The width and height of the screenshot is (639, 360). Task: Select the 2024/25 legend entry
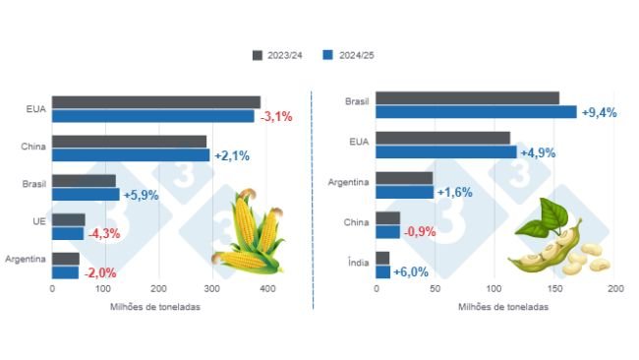click(x=350, y=55)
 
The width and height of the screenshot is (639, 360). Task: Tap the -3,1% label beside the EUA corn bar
click(x=276, y=116)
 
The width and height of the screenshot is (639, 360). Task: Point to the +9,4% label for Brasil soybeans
click(x=600, y=112)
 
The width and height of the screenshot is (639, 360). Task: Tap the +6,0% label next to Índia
click(x=412, y=271)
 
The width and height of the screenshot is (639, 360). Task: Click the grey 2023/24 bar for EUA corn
click(x=155, y=102)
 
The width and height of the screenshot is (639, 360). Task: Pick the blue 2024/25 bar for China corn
click(x=131, y=154)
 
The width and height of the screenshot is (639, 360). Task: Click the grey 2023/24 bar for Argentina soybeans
click(x=404, y=178)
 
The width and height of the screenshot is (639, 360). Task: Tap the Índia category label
click(x=357, y=264)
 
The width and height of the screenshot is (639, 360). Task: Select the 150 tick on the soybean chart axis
click(x=555, y=290)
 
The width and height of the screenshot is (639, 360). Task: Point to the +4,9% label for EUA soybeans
click(x=539, y=152)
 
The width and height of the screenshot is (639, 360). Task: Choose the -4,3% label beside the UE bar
click(x=104, y=234)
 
